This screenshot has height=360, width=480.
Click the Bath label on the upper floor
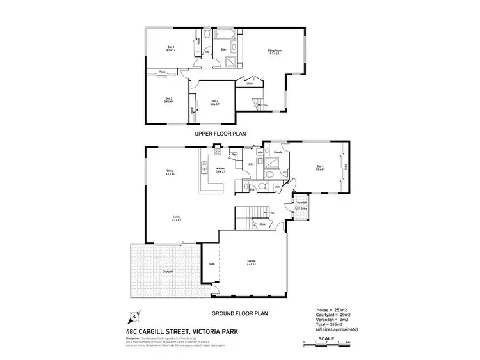click(223, 49)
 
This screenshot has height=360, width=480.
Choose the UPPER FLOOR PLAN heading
click(220, 134)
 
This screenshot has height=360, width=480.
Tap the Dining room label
click(170, 171)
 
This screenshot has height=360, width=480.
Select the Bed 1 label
click(320, 168)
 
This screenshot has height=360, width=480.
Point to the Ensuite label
click(278, 152)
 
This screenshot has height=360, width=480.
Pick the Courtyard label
click(168, 271)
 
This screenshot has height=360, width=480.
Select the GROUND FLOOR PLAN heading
click(239, 314)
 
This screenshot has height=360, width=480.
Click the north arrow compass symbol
click(135, 316)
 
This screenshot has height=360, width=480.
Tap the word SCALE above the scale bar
click(326, 338)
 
